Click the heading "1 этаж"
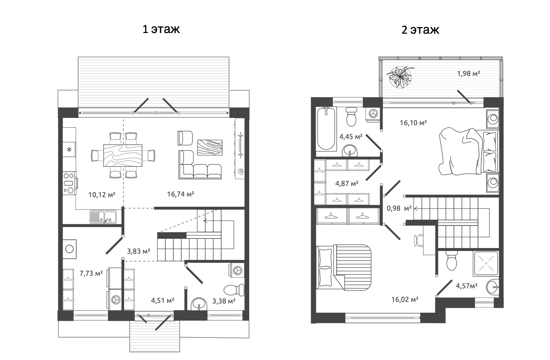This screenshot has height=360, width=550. pyautogui.click(x=161, y=29)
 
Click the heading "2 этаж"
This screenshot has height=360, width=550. pyautogui.click(x=420, y=30)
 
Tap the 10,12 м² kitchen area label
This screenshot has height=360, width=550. pyautogui.click(x=102, y=195)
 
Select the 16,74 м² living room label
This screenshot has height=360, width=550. pyautogui.click(x=181, y=194)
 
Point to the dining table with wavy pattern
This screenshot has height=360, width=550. pyautogui.click(x=123, y=156)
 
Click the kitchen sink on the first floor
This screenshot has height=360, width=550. pyautogui.click(x=103, y=217)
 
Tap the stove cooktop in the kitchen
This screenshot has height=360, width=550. pyautogui.click(x=69, y=183)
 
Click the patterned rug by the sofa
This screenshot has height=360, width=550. pyautogui.click(x=210, y=148)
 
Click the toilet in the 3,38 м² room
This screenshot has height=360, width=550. pyautogui.click(x=234, y=290)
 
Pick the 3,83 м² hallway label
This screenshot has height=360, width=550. pyautogui.click(x=138, y=251)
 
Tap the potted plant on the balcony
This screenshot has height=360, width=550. pyautogui.click(x=400, y=77)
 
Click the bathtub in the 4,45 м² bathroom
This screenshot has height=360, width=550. pyautogui.click(x=326, y=129)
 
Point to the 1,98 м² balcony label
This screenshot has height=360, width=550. pyautogui.click(x=468, y=73)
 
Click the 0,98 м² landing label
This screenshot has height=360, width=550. pyautogui.click(x=399, y=208)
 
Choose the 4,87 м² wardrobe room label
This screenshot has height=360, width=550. pyautogui.click(x=347, y=183)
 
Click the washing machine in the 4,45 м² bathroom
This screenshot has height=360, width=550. pyautogui.click(x=373, y=114)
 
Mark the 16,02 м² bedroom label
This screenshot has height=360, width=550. pyautogui.click(x=405, y=299)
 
